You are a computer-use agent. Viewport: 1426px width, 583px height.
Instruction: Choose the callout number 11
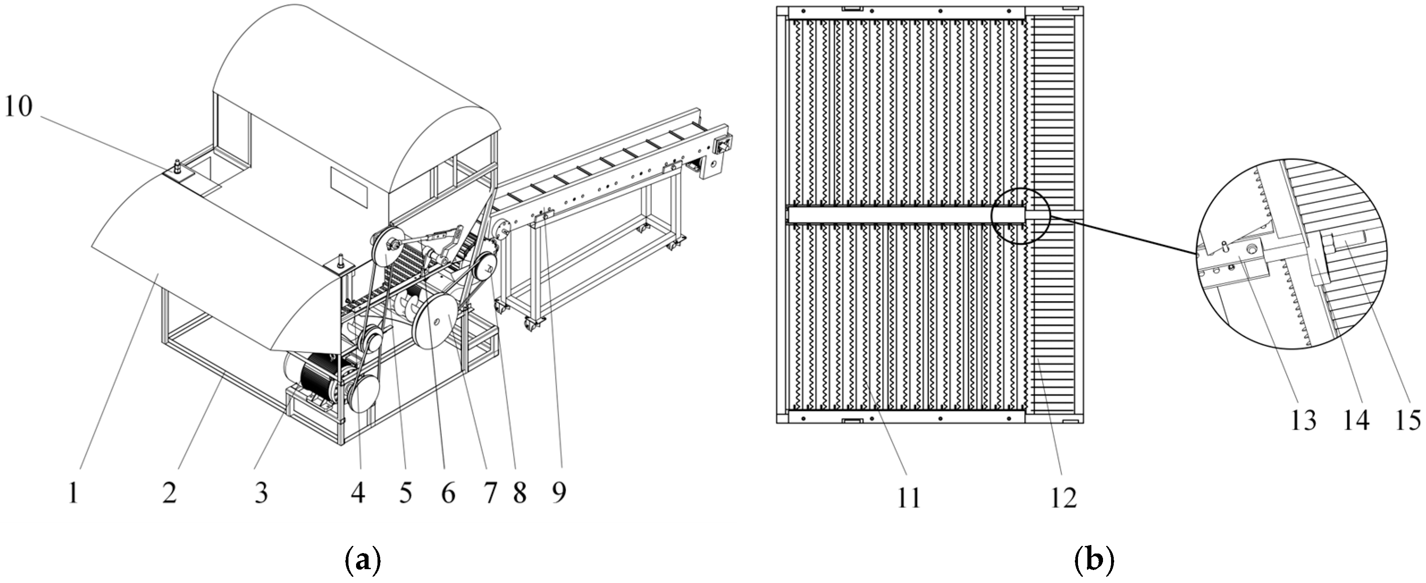pos(908,497)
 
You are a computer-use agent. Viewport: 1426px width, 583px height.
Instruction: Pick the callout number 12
pos(1063,497)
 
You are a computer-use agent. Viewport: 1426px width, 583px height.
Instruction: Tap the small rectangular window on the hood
pos(349,186)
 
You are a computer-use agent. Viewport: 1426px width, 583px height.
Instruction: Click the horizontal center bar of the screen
pos(897,215)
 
